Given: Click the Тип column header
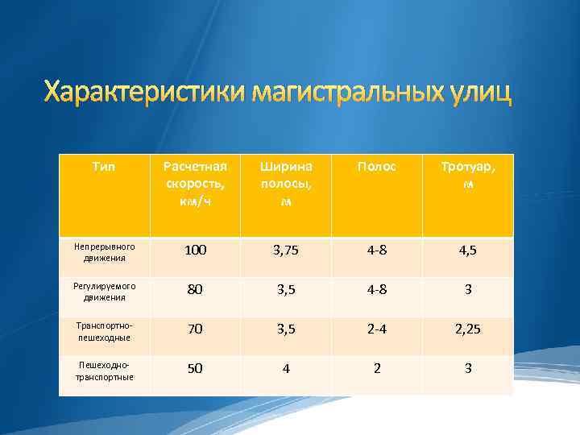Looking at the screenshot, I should click(104, 166).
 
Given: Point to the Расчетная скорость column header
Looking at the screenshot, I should click(195, 183).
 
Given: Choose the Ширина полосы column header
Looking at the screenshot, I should click(285, 183).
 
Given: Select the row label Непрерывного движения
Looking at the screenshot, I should click(104, 251).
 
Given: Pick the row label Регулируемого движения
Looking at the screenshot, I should click(104, 291).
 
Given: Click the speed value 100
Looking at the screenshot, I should click(195, 251).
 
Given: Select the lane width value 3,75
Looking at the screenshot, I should click(285, 251).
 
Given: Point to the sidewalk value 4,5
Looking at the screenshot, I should click(468, 251).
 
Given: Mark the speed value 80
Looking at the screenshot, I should click(195, 290).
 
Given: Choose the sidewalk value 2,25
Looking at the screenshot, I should click(468, 329).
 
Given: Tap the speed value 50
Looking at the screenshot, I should click(195, 368).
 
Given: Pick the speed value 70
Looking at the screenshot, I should click(195, 329).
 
